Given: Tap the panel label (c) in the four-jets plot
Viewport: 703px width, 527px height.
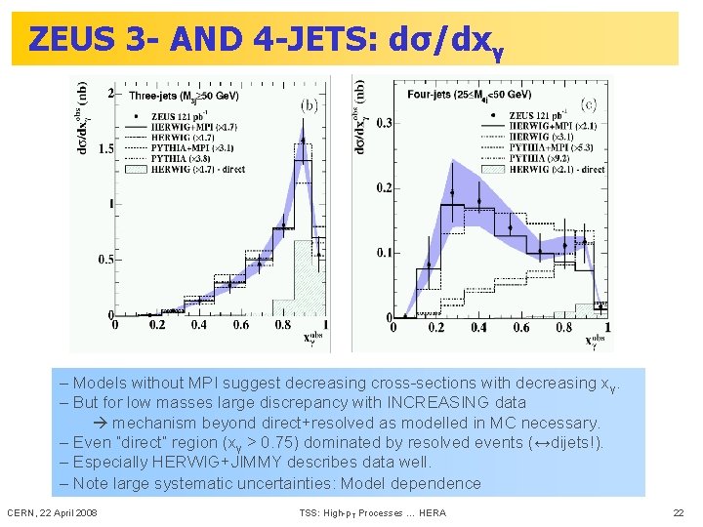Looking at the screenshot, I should click(x=590, y=102).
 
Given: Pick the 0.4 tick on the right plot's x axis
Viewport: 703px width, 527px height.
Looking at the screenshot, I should click(x=478, y=329).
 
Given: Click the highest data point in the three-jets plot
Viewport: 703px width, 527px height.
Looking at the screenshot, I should click(x=304, y=141).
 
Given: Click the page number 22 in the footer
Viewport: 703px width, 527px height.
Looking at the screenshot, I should click(x=679, y=512).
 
